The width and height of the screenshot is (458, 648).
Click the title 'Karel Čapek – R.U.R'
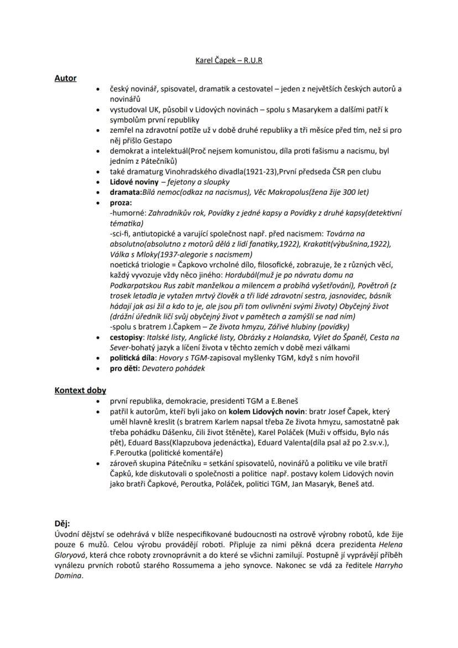pos(229,60)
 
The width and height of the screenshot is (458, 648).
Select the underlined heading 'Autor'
pos(65,79)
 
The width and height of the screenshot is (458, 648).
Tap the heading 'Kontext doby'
pos(80,390)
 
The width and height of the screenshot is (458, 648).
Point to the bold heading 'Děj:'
pos(63,523)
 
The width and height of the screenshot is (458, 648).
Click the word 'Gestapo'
pos(142,141)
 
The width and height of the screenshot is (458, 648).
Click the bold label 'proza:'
pos(121,203)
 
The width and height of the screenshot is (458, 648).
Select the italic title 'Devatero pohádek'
pos(174,368)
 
